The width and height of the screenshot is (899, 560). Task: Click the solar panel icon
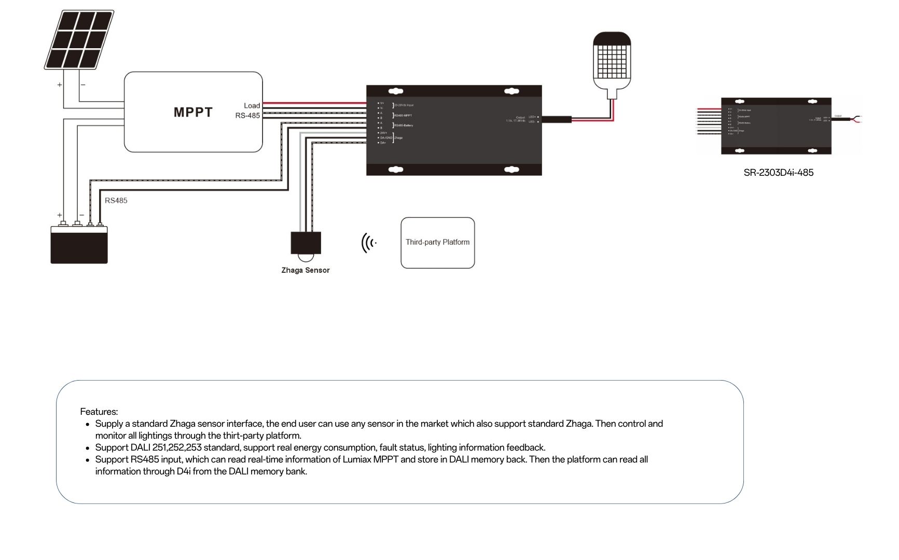pos(79,40)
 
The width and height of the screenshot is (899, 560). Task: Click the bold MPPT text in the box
pos(193,112)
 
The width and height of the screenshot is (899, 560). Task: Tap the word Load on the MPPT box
pos(252,105)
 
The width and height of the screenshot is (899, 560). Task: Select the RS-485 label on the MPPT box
pos(247,115)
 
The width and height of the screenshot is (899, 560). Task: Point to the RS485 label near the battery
pos(116,200)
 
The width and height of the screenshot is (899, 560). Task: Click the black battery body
pos(79,245)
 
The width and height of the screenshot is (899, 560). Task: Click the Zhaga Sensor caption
pos(305,270)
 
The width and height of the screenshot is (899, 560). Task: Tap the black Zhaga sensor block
pos(306,242)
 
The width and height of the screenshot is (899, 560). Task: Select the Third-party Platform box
pos(437,242)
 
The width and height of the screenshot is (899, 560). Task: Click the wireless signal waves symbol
pos(368,243)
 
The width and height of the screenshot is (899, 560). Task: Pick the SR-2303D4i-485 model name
pos(778,173)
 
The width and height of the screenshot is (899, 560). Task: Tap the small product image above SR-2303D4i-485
pos(776,125)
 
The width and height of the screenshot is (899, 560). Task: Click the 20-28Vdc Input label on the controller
pos(404,105)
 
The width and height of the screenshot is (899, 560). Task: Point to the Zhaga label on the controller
pos(398,138)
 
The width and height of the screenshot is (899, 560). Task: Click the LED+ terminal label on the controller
pos(532,117)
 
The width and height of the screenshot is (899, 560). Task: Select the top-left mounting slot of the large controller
pos(396,91)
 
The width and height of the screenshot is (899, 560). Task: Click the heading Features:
pos(99,412)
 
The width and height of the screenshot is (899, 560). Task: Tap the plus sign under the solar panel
pos(60,85)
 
